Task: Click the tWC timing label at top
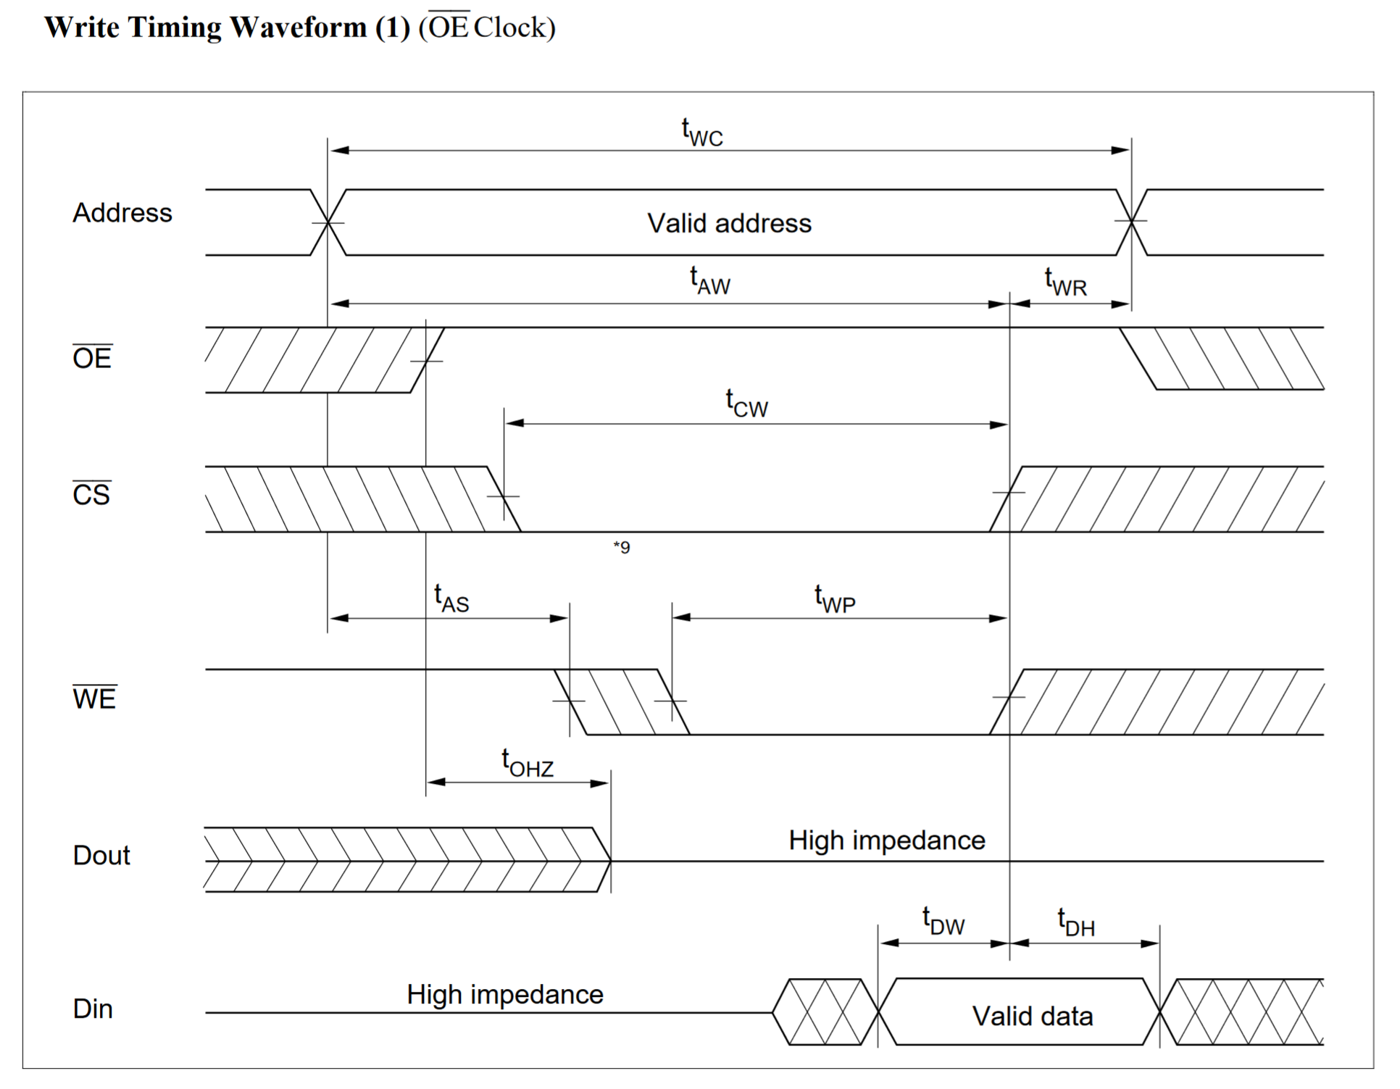[x=701, y=133]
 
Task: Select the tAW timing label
[x=709, y=281]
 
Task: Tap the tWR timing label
[x=1065, y=282]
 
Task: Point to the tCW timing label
[x=746, y=404]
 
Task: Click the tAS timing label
[x=451, y=598]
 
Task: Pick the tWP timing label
[x=835, y=599]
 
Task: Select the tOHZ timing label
[x=527, y=763]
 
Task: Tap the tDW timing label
[x=943, y=922]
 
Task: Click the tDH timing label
[x=1076, y=922]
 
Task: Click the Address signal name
[x=122, y=213]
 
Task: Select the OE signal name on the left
[x=92, y=357]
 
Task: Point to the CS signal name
[x=91, y=494]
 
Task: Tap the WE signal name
[x=94, y=698]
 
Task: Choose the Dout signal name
[x=101, y=856]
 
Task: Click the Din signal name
[x=93, y=1009]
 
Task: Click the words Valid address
[x=729, y=223]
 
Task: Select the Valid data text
[x=1032, y=1016]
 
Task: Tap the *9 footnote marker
[x=622, y=547]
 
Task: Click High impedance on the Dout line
[x=887, y=840]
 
